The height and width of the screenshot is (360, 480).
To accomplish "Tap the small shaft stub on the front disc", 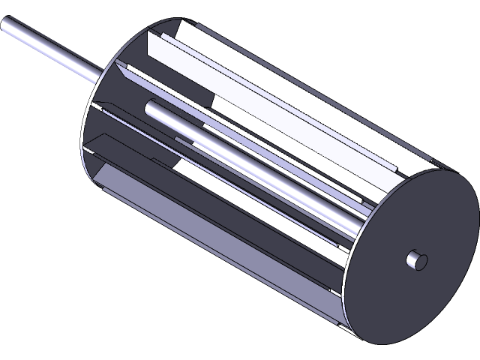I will coord(415,259).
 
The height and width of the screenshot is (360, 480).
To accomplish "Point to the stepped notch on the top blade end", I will coord(394,165).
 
